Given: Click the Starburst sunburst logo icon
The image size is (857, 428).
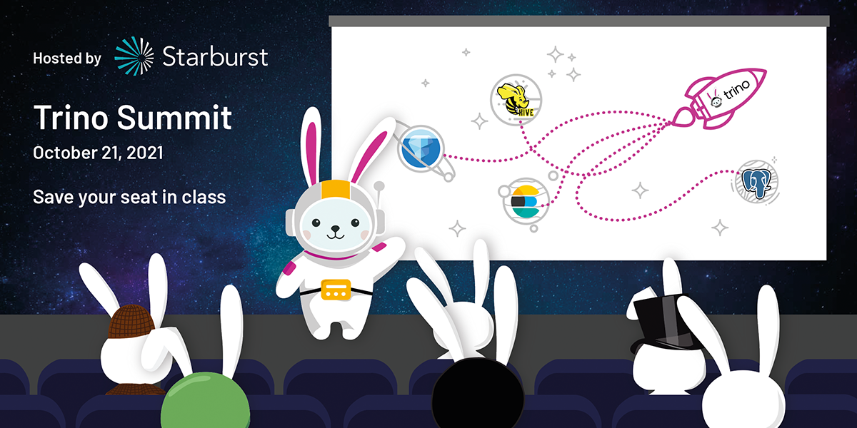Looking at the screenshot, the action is [x=134, y=56].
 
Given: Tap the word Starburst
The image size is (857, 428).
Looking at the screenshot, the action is [x=215, y=57].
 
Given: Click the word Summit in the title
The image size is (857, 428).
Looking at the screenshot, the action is [x=174, y=117].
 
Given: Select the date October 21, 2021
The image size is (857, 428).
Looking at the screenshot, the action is [x=98, y=153].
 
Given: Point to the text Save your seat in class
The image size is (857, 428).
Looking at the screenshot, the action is [x=129, y=197].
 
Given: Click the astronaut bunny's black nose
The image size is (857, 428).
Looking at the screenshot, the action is [x=335, y=228].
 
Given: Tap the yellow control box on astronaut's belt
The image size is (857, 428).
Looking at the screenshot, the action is [x=336, y=290].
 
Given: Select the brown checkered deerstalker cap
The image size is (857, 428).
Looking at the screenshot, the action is [x=131, y=322].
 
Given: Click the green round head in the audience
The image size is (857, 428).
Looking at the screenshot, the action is [x=206, y=400].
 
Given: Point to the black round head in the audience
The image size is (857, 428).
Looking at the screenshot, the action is [x=478, y=394].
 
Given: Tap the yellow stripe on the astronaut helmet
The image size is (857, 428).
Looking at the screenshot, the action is [x=336, y=190].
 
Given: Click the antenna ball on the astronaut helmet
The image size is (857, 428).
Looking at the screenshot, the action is [x=379, y=186].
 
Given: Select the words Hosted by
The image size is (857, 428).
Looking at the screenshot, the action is [x=67, y=58].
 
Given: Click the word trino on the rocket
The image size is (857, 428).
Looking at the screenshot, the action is [x=737, y=90].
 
